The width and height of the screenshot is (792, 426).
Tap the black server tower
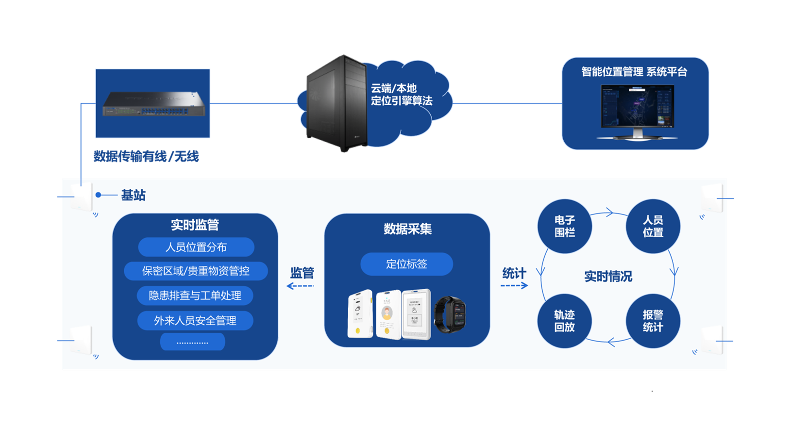tap(335, 103)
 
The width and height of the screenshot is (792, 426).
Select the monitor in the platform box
tap(637, 111)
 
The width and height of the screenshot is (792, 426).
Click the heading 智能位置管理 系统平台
tap(634, 72)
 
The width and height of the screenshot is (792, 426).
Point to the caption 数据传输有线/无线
tap(146, 156)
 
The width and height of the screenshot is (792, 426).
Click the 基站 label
tap(133, 195)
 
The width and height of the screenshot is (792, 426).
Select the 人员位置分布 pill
tap(196, 247)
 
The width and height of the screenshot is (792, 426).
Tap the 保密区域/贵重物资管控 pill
tap(196, 271)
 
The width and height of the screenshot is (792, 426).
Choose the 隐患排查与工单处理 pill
tap(195, 295)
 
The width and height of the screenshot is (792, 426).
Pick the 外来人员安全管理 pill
tap(195, 320)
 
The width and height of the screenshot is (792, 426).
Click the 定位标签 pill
tap(406, 264)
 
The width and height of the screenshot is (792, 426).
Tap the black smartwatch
tap(450, 314)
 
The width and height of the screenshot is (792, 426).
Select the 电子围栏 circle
tap(564, 226)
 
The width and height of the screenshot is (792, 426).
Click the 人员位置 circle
tap(653, 226)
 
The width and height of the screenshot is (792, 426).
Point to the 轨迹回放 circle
tap(564, 321)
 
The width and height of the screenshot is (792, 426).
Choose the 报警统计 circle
tap(653, 321)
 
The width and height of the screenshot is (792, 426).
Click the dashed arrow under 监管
tap(301, 286)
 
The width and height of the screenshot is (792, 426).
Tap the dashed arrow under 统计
tap(514, 285)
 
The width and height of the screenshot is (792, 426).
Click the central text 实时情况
tap(608, 277)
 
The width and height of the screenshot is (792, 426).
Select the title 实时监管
tap(195, 225)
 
